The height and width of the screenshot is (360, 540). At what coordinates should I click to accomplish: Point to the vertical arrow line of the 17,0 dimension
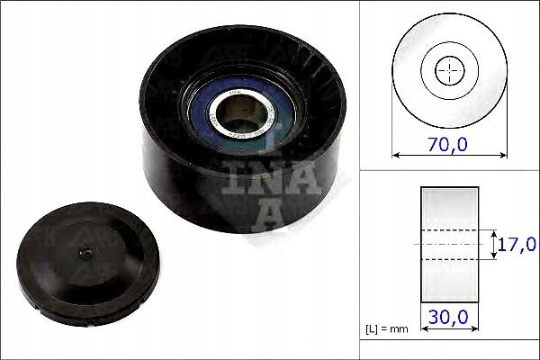[x=494, y=244]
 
